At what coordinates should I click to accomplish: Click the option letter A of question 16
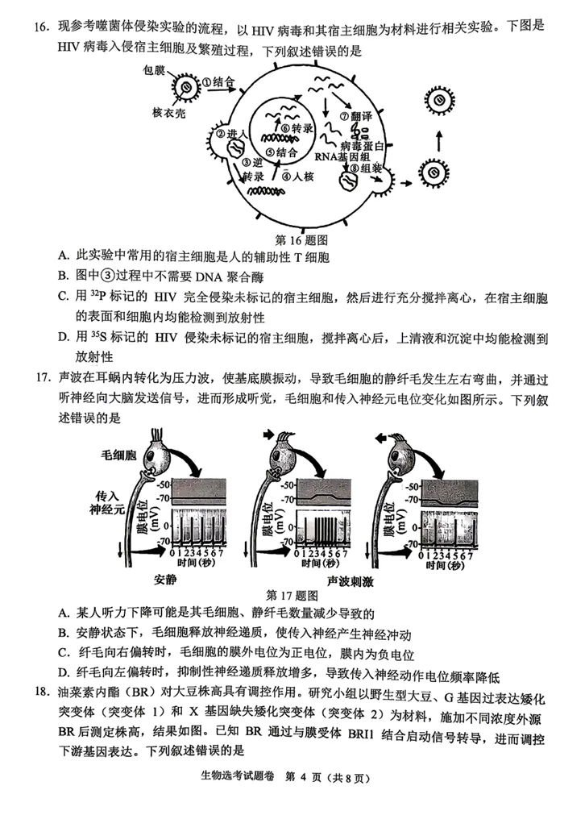[63, 257]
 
